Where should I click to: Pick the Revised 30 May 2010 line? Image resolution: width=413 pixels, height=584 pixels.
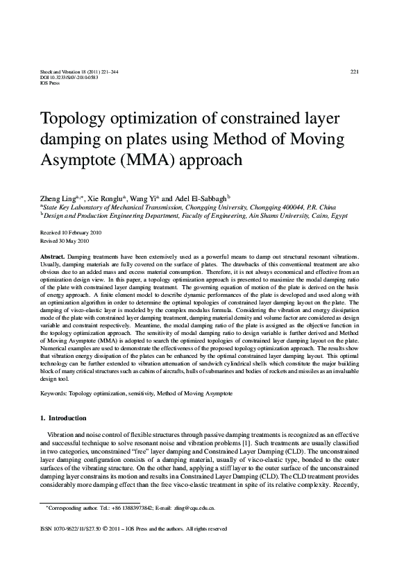click(65, 241)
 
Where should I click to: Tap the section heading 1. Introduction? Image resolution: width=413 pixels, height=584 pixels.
click(64, 418)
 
